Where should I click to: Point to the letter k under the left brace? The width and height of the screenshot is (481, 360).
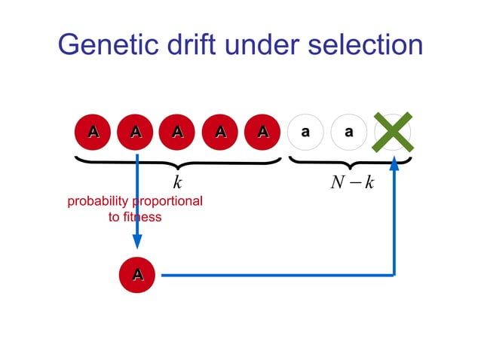pyautogui.click(x=178, y=183)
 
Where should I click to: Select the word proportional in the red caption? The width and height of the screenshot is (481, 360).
pyautogui.click(x=167, y=202)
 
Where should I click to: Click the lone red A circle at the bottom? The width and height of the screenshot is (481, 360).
pyautogui.click(x=137, y=276)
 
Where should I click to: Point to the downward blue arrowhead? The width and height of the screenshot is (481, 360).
pyautogui.click(x=137, y=241)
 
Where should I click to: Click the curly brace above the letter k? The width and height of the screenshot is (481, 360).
pyautogui.click(x=178, y=162)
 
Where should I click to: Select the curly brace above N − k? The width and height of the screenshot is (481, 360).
pyautogui.click(x=348, y=162)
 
